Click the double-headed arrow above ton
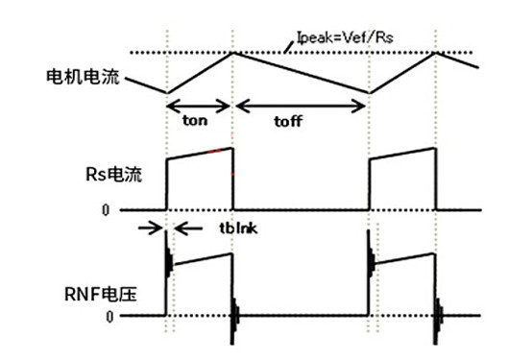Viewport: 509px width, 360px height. coord(200,106)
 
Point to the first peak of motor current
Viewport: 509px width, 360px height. coord(234,52)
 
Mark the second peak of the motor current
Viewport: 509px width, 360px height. coord(438,52)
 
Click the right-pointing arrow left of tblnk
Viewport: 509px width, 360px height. coord(151,228)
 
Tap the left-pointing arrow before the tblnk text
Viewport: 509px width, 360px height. coord(187,228)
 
